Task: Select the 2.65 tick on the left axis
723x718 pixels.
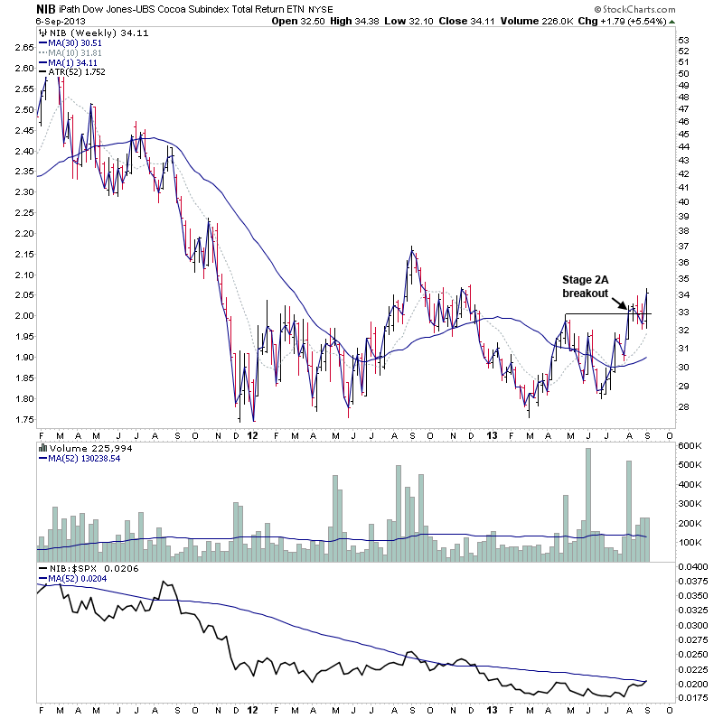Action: pyautogui.click(x=22, y=47)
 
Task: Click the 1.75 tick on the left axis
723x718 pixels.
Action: pyautogui.click(x=22, y=420)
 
